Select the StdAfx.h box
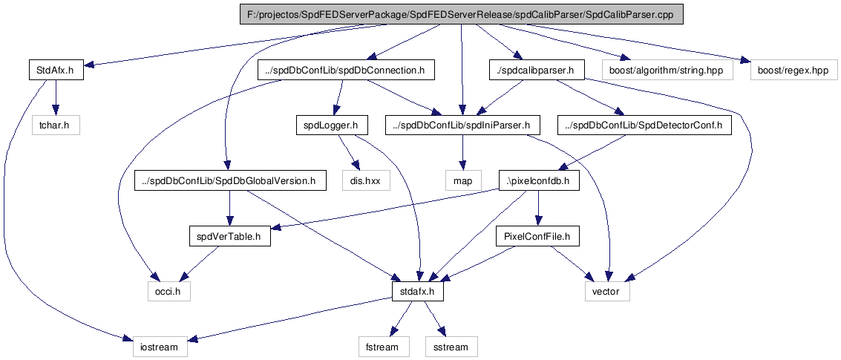click(56, 71)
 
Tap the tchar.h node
click(56, 126)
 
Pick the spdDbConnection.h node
click(345, 71)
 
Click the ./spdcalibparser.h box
click(537, 71)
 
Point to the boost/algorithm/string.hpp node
click(667, 71)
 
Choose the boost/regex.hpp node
click(793, 71)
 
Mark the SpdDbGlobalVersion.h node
click(229, 181)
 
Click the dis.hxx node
click(364, 181)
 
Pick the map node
click(463, 181)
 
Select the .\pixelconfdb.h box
click(538, 181)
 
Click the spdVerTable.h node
click(229, 237)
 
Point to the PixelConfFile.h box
click(537, 237)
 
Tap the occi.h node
click(169, 292)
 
